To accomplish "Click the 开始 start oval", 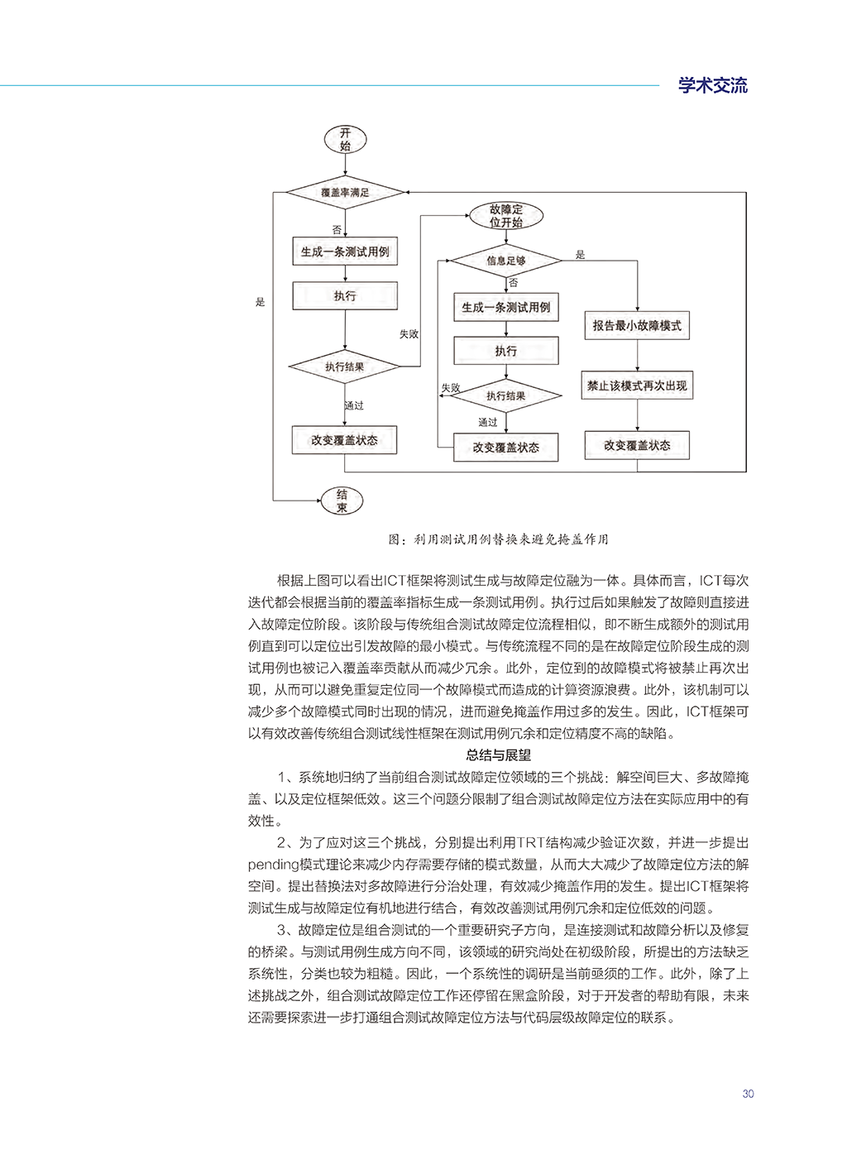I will tap(344, 139).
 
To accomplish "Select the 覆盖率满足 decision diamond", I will tap(345, 193).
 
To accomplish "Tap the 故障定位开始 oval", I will tap(505, 216).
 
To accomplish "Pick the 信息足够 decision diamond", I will tap(505, 261).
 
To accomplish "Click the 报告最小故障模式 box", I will tap(637, 326).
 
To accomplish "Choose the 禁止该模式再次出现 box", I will tap(637, 386).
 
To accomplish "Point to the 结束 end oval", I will tap(342, 501).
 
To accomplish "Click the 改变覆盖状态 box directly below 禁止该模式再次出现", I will tap(637, 445).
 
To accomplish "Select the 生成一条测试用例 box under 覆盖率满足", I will tap(345, 252).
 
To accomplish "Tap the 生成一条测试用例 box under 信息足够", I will tap(505, 307).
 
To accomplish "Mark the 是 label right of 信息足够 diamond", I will tap(580, 255).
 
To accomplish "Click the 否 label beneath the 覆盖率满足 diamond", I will tap(337, 230).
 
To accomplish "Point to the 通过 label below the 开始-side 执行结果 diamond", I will tap(354, 405).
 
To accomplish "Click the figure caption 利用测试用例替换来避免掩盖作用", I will tap(498, 539).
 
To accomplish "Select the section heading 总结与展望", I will tap(498, 755).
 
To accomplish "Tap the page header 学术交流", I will tap(712, 85).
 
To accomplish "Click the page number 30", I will tap(748, 1094).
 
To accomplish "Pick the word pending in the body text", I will tap(273, 865).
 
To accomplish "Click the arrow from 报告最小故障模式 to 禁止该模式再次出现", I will tap(637, 355).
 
